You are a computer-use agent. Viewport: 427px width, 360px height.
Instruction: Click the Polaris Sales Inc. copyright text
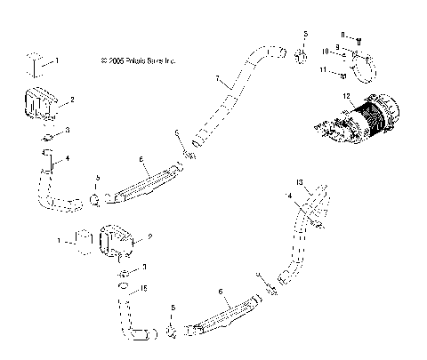pos(140,61)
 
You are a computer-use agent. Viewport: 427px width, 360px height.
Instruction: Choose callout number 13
pos(299,182)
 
